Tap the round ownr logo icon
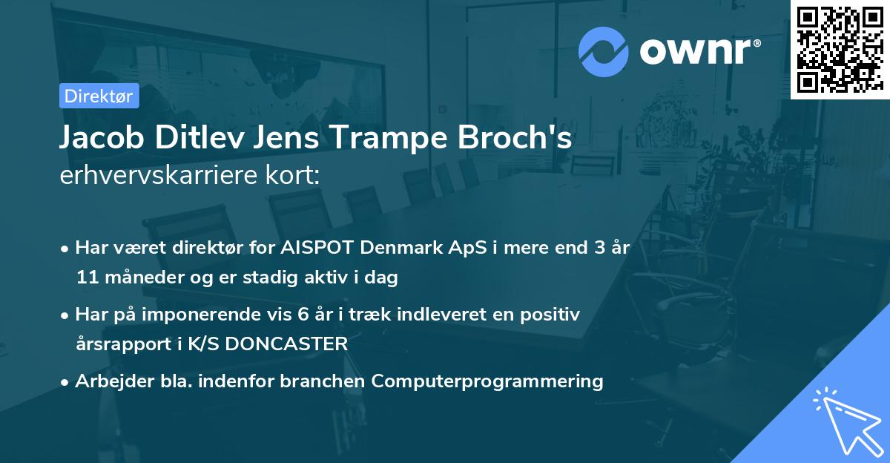(604, 52)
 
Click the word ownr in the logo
(689, 52)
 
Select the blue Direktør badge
(99, 96)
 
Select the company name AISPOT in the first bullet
(310, 248)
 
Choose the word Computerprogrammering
(487, 381)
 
